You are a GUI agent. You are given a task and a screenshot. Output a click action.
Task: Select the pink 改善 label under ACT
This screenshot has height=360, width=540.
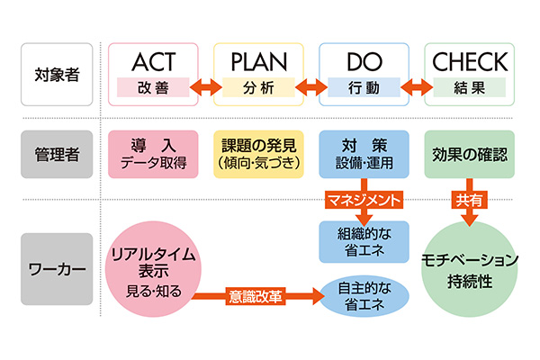[153, 88]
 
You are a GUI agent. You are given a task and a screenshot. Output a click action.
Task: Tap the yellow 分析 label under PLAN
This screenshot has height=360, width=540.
[258, 88]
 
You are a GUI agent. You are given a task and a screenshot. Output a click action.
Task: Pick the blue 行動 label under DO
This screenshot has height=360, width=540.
[364, 88]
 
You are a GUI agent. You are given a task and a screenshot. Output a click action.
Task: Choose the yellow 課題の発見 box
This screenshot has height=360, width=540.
[258, 153]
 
